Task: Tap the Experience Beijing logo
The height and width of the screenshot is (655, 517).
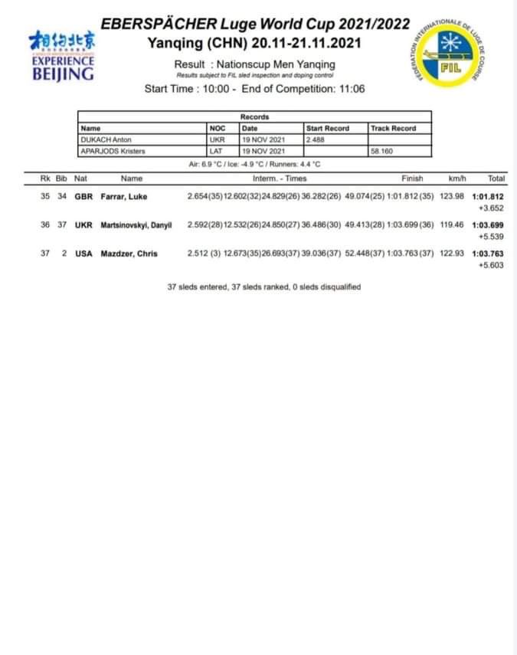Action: point(63,56)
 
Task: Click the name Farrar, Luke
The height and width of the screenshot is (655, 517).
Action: point(124,197)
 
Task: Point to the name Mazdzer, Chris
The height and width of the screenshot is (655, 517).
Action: point(129,254)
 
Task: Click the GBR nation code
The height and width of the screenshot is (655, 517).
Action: point(83,197)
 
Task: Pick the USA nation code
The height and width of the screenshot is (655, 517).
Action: point(83,254)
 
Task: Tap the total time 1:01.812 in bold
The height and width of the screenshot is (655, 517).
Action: point(487,197)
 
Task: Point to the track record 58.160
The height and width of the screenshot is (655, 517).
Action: point(381,152)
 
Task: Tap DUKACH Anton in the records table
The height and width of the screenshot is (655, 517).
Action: point(102,140)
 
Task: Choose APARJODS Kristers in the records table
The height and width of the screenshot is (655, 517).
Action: point(108,152)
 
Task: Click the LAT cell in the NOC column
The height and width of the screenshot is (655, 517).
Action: point(216,152)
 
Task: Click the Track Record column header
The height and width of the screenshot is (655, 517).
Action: point(393,129)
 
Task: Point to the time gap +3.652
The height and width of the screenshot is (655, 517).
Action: point(490,208)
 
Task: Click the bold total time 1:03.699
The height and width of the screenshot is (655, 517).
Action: point(487,225)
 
